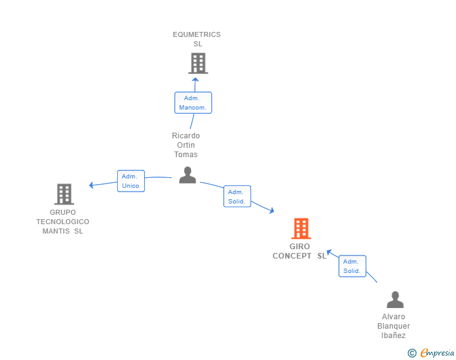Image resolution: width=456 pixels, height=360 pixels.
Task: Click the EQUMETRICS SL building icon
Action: coord(198,63)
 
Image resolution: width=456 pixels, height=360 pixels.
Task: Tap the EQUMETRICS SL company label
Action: coord(197,39)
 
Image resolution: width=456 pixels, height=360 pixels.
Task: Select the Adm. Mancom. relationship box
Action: coord(193,103)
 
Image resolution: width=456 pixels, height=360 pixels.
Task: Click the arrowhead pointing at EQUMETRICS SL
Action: coord(195,80)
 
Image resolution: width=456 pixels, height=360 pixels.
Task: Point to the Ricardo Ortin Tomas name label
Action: coord(186,145)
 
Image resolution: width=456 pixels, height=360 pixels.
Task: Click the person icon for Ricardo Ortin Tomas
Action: coord(187,175)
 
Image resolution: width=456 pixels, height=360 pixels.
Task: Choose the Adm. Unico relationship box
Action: coord(131,181)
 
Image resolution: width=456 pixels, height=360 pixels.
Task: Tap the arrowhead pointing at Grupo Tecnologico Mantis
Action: coord(91,185)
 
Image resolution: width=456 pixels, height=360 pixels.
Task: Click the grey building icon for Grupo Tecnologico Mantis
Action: coord(65,194)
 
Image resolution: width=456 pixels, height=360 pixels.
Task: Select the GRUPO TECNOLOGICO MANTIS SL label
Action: coord(63,222)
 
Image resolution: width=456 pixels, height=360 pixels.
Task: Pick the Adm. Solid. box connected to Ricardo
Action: coord(237,197)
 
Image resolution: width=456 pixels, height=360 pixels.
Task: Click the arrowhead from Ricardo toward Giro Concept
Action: coord(272,210)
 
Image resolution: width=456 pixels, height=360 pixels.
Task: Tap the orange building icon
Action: coord(301,229)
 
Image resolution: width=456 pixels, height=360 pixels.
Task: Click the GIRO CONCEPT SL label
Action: coord(299,251)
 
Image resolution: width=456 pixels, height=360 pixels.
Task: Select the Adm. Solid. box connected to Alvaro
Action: coord(353,266)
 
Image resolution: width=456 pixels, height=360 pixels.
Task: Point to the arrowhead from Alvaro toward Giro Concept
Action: coord(329,252)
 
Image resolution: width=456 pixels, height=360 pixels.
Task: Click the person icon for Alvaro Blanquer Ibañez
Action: coord(395,299)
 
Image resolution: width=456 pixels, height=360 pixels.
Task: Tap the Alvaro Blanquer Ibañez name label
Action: coord(394,326)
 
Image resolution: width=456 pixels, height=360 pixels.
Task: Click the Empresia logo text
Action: coord(437,352)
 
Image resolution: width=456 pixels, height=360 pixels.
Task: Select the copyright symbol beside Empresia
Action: coord(412,353)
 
